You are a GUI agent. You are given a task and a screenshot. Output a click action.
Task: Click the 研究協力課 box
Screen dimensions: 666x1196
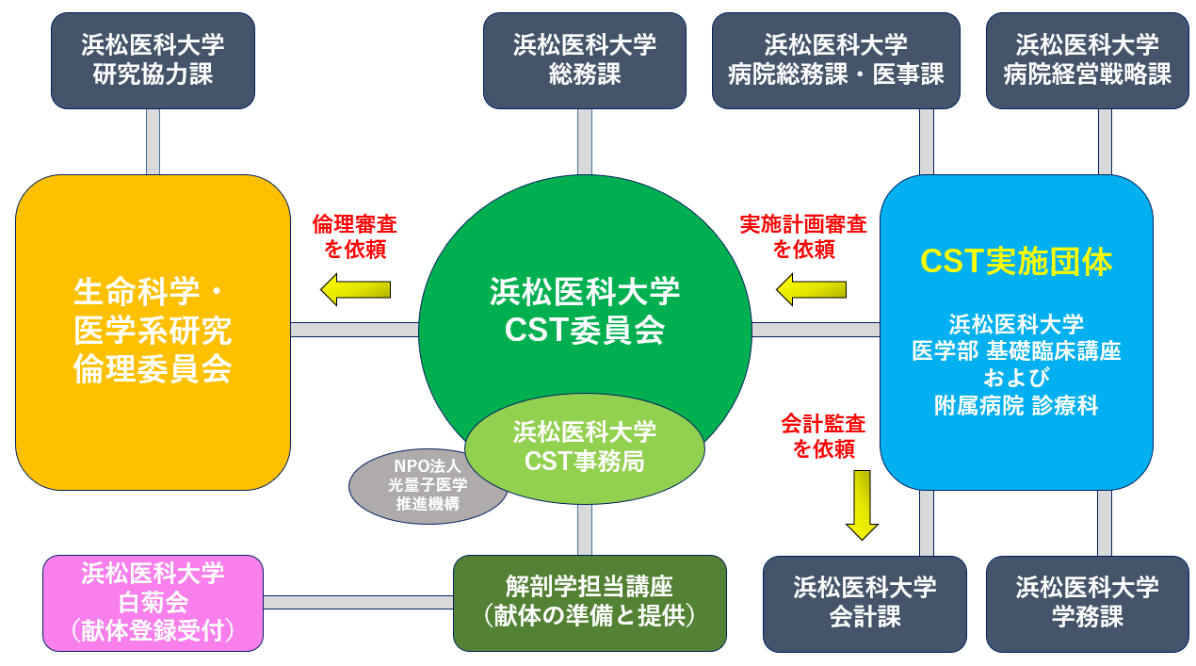(x=153, y=60)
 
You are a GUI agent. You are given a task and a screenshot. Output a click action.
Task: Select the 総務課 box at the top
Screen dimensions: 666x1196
(x=584, y=60)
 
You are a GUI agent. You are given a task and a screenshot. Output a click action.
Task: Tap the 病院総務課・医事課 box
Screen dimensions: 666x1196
(x=835, y=60)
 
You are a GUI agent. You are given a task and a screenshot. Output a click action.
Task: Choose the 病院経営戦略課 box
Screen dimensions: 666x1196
(x=1087, y=60)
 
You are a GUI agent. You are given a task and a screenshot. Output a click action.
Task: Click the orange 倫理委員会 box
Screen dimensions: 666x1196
(x=153, y=332)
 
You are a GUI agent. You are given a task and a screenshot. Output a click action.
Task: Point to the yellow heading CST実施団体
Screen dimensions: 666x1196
(x=1016, y=262)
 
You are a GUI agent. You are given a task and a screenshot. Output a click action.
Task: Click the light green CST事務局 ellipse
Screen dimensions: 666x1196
(x=584, y=448)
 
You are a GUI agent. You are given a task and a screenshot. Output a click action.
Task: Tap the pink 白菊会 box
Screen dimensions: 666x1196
(x=153, y=603)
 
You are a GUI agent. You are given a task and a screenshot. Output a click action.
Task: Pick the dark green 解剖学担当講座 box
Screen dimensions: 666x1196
(x=590, y=603)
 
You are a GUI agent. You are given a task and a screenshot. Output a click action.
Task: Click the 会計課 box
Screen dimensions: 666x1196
(x=865, y=603)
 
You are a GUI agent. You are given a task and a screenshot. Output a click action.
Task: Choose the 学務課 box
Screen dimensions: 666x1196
(x=1087, y=603)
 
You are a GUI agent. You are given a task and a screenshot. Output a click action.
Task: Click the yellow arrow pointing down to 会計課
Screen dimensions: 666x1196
(x=862, y=505)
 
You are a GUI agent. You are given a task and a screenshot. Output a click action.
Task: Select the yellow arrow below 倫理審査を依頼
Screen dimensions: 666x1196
(x=355, y=289)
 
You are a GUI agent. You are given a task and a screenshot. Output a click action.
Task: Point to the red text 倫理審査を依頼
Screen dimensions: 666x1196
(x=355, y=236)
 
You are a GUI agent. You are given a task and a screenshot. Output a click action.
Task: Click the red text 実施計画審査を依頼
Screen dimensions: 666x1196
(x=803, y=236)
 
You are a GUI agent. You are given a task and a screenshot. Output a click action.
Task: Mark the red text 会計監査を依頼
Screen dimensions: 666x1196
(x=823, y=436)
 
